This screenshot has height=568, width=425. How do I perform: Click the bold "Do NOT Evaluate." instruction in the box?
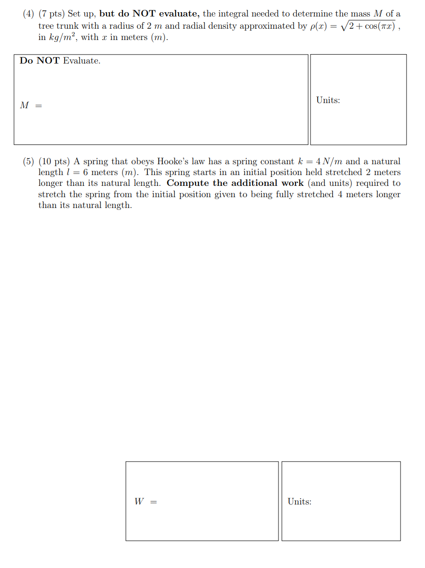(x=60, y=61)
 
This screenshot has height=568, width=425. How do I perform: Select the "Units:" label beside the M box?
(x=328, y=100)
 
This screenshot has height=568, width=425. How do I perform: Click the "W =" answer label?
(x=145, y=502)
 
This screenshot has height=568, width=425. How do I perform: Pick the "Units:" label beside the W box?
(x=299, y=502)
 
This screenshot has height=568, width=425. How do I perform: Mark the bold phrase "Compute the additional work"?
(x=235, y=183)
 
